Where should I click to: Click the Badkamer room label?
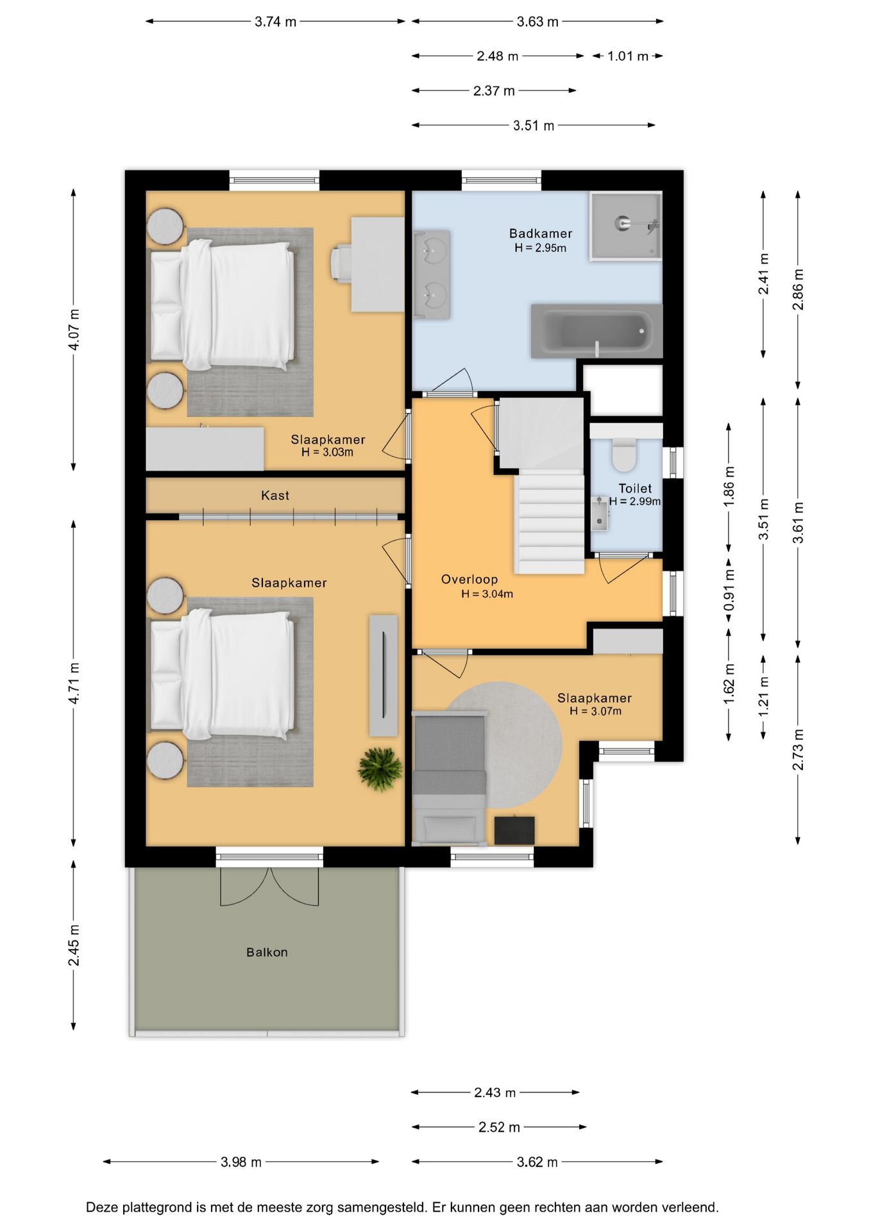pyautogui.click(x=540, y=233)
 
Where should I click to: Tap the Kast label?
pyautogui.click(x=275, y=495)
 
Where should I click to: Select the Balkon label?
pyautogui.click(x=267, y=952)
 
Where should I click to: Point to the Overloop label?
pyautogui.click(x=469, y=580)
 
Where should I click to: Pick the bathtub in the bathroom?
pyautogui.click(x=596, y=331)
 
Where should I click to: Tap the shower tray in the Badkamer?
pyautogui.click(x=625, y=226)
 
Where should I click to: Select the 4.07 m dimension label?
pyautogui.click(x=74, y=330)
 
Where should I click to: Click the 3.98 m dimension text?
pyautogui.click(x=241, y=1162)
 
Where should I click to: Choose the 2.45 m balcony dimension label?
pyautogui.click(x=74, y=945)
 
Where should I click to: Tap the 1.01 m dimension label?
pyautogui.click(x=628, y=56)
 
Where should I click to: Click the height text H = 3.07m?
pyautogui.click(x=595, y=711)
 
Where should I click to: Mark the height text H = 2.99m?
pyautogui.click(x=635, y=501)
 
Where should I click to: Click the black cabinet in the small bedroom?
pyautogui.click(x=514, y=830)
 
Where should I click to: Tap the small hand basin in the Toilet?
pyautogui.click(x=600, y=514)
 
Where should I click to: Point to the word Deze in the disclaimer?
pyautogui.click(x=103, y=1207)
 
